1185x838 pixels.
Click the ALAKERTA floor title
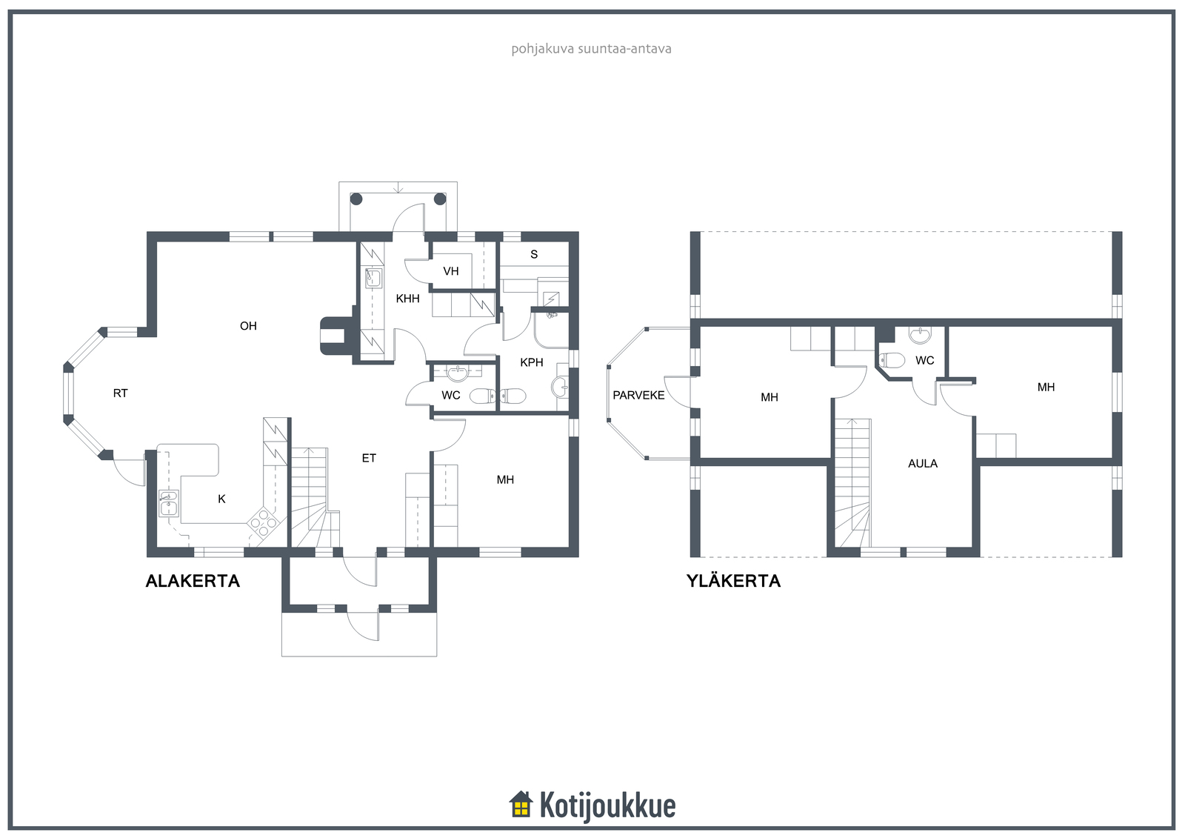point(193,581)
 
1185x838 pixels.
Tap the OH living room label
point(248,326)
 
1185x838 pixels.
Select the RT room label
point(120,393)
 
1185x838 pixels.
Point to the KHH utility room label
point(407,299)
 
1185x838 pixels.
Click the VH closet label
point(451,272)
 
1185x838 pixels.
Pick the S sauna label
point(534,255)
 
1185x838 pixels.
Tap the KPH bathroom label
point(532,362)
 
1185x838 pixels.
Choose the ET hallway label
point(369,459)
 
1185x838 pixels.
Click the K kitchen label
point(221,499)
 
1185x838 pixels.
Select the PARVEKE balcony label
point(638,396)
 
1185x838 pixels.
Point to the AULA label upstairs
point(923,464)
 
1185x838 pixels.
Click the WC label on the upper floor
point(925,361)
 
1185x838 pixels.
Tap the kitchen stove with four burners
point(263,522)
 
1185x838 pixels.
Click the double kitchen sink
point(169,503)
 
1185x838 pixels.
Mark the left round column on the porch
point(356,199)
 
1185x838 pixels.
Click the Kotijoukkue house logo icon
point(521,805)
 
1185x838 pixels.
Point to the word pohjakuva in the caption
point(542,49)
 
